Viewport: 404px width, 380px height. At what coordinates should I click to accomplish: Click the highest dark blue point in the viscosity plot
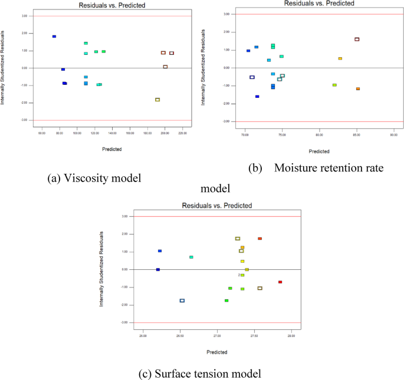pos(54,37)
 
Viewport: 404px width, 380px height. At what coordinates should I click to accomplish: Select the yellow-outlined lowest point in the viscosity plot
pos(157,100)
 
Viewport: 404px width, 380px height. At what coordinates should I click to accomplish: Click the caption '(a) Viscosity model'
pos(94,179)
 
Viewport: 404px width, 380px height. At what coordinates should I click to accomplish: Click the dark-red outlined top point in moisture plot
pos(357,39)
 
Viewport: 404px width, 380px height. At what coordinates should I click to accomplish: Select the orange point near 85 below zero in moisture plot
pos(358,89)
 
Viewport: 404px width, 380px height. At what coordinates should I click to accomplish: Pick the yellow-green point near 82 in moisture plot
pos(334,85)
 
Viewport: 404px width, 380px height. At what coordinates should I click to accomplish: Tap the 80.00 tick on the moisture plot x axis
pos(319,134)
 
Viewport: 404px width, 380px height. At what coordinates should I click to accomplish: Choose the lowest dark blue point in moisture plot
pos(257,97)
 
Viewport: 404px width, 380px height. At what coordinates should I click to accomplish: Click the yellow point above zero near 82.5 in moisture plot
pos(340,58)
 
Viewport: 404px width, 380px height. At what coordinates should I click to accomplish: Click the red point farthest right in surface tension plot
pos(280,282)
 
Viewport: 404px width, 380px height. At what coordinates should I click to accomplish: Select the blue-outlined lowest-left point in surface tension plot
pos(182,300)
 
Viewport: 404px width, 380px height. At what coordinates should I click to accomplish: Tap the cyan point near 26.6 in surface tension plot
pos(191,257)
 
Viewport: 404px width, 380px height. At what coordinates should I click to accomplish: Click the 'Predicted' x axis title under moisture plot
pos(319,151)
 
